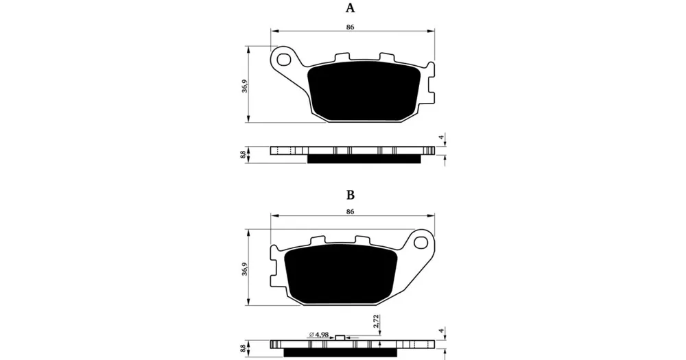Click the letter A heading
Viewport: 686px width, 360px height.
(350, 8)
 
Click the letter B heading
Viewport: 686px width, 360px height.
(350, 195)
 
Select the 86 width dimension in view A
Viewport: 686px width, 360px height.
(350, 27)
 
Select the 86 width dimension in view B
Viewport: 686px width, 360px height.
(350, 212)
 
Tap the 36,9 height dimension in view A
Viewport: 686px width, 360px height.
(245, 86)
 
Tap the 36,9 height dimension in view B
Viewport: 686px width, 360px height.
(245, 269)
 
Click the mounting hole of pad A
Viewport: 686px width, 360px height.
(285, 58)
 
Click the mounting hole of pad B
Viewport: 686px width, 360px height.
(421, 241)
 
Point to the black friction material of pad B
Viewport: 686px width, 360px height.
(340, 274)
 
